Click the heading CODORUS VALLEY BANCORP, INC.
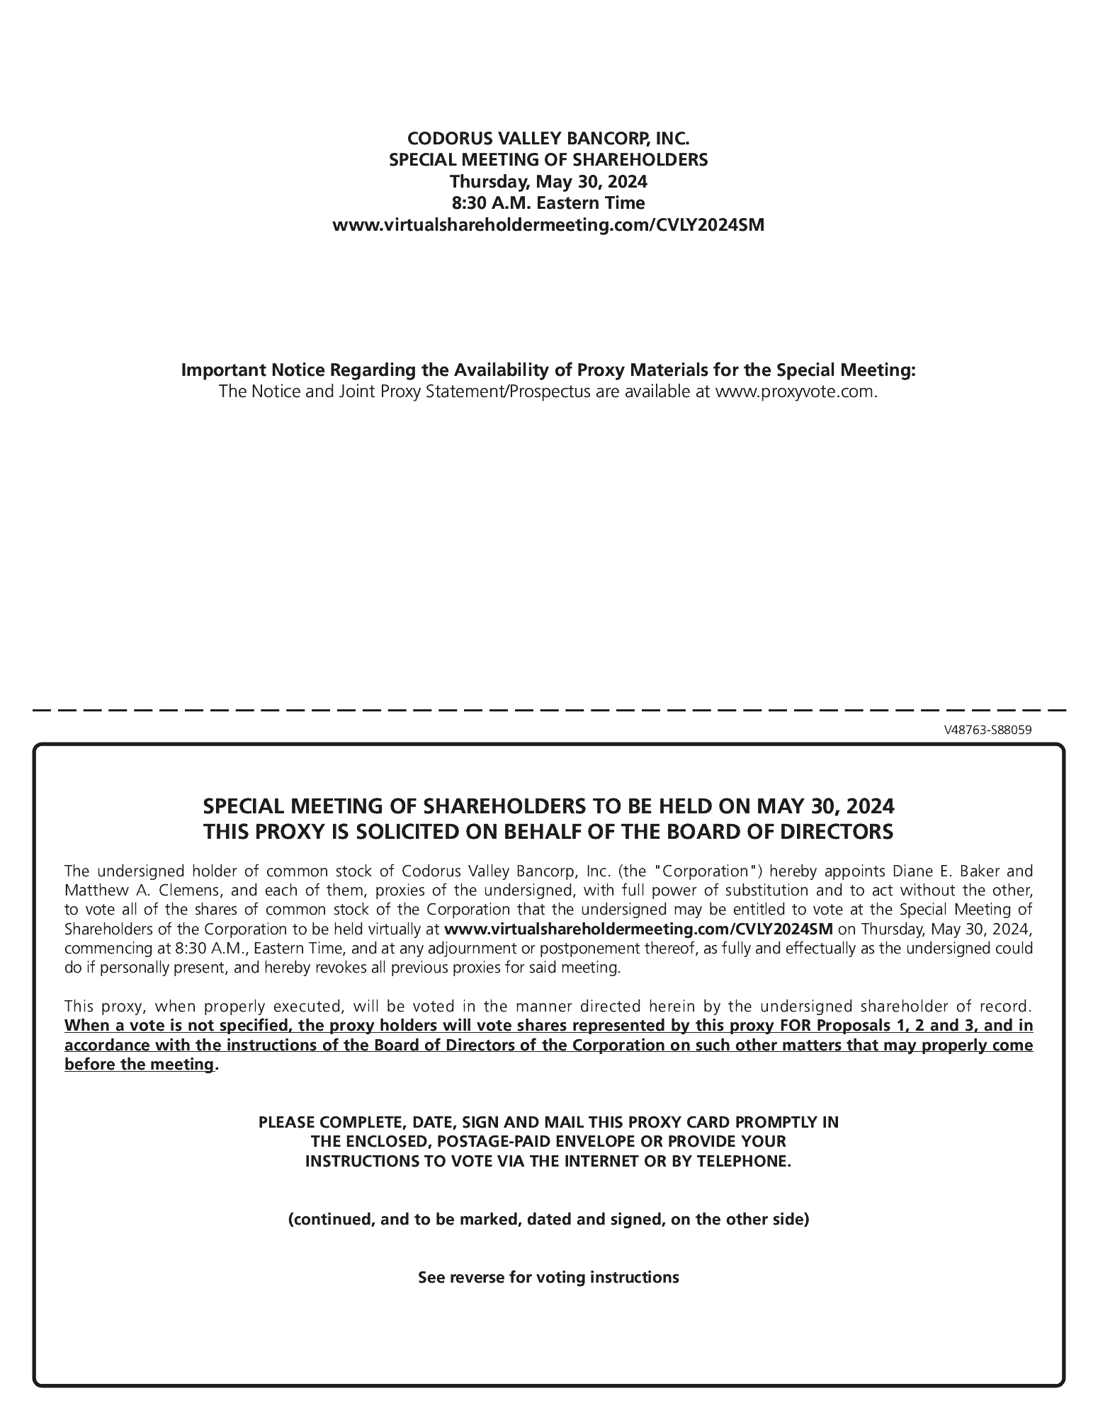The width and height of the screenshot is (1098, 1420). [548, 138]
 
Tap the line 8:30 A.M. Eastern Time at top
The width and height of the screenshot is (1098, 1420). [548, 203]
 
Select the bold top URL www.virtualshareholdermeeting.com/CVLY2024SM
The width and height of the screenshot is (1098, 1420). [548, 226]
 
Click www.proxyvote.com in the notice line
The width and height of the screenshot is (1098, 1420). [796, 391]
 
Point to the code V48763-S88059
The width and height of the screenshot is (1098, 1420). [987, 731]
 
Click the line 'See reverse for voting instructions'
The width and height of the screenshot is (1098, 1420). [548, 1278]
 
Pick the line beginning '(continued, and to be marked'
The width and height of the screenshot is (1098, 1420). [548, 1219]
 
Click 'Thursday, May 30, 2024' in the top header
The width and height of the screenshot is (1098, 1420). [548, 182]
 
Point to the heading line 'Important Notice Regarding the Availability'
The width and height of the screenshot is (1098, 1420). [548, 370]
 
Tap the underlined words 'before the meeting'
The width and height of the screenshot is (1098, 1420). [139, 1065]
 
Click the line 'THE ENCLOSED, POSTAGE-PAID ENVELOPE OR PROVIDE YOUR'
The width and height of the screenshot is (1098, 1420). [548, 1141]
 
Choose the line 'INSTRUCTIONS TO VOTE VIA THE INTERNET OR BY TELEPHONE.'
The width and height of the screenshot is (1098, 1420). [548, 1161]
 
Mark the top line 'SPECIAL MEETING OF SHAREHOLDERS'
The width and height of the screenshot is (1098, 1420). [548, 160]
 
